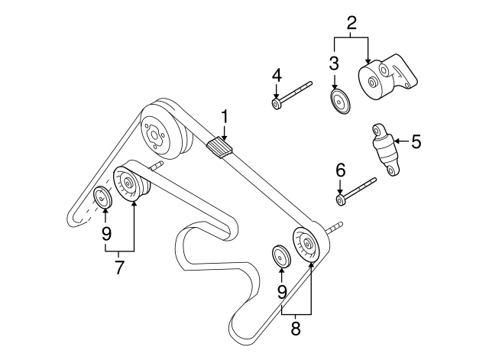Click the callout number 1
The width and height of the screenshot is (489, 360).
point(225,116)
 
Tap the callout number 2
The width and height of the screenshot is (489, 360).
point(351,23)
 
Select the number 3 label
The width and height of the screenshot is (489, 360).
point(335,62)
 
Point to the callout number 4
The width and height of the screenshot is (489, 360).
point(277,74)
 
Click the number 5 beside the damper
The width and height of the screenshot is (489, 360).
point(416,141)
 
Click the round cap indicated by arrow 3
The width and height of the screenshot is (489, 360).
point(337,99)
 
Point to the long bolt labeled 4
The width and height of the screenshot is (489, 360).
point(294,92)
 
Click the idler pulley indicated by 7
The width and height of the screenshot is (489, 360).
point(129,184)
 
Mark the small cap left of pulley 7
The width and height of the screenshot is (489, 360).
point(102,198)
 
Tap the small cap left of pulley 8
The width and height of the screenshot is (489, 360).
point(281,255)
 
